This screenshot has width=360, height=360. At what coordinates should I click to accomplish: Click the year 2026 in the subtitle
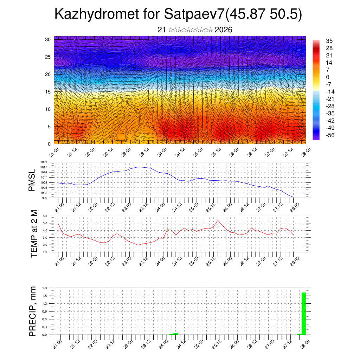pyautogui.click(x=223, y=30)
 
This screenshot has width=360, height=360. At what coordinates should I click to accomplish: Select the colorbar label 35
pyautogui.click(x=329, y=41)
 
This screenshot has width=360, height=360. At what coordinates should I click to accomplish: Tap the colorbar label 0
pyautogui.click(x=328, y=77)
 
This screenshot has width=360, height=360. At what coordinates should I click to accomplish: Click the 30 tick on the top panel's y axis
pyautogui.click(x=48, y=39)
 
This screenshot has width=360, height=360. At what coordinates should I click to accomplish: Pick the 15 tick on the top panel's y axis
pyautogui.click(x=48, y=92)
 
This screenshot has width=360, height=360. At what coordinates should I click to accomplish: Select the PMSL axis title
pyautogui.click(x=32, y=180)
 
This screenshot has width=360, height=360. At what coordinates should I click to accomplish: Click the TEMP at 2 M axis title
pyautogui.click(x=34, y=234)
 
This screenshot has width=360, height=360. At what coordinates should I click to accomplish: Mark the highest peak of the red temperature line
pyautogui.click(x=218, y=220)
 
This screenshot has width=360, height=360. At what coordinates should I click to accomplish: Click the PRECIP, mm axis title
pyautogui.click(x=33, y=311)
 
